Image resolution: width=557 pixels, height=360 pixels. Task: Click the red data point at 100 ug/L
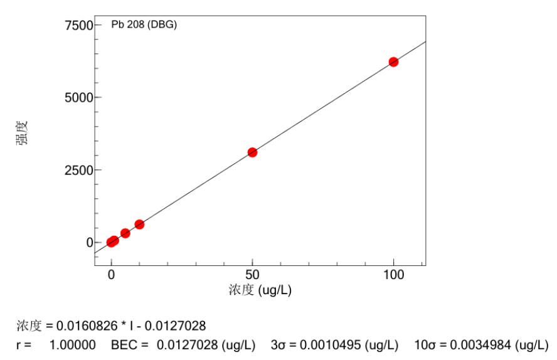click(x=393, y=61)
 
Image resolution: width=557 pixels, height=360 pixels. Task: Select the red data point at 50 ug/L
click(x=252, y=152)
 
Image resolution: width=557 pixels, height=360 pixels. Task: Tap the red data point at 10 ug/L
click(x=139, y=225)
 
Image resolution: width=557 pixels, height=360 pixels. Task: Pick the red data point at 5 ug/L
click(x=125, y=233)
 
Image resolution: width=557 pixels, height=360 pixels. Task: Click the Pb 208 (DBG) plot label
click(x=144, y=26)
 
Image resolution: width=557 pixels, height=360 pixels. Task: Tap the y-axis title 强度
click(x=21, y=133)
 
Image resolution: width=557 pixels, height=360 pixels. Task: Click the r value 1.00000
click(x=72, y=345)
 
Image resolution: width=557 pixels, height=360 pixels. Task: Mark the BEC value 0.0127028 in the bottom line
click(x=183, y=345)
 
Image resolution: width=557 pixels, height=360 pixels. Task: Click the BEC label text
click(x=122, y=345)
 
